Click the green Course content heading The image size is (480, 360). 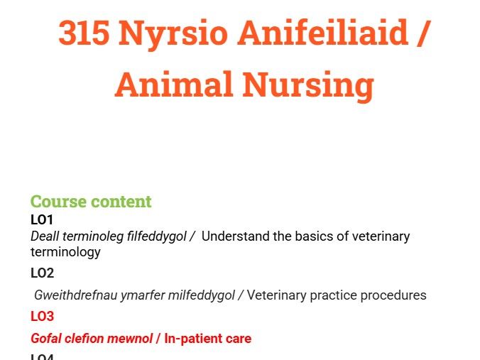pyautogui.click(x=91, y=202)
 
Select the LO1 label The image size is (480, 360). pyautogui.click(x=42, y=219)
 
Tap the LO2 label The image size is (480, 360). pyautogui.click(x=42, y=273)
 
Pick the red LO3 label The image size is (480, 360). pyautogui.click(x=42, y=316)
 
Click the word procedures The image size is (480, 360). pyautogui.click(x=393, y=295)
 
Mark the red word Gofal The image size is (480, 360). pyautogui.click(x=47, y=338)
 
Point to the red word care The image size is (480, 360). pyautogui.click(x=238, y=338)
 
